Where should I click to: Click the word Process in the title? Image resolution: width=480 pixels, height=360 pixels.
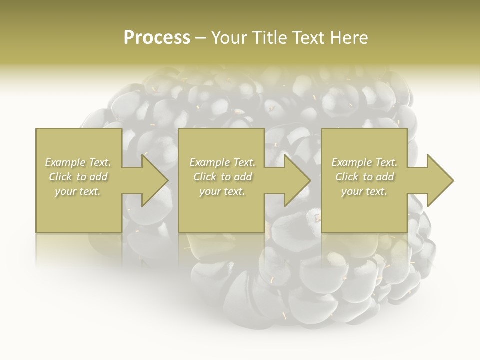coord(157,38)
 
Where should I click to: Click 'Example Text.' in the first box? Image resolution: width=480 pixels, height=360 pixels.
coord(78,162)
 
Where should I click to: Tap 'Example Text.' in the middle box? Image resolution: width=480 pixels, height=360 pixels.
coord(222,162)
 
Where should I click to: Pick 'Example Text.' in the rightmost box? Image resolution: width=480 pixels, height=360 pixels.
coord(364,162)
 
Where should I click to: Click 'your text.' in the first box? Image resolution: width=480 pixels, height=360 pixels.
coord(78,191)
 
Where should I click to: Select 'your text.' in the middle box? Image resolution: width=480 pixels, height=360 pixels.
coord(222,191)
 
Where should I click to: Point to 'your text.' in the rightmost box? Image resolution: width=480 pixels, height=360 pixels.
coord(364,191)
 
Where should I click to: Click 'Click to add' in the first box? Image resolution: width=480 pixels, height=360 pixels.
coord(78,177)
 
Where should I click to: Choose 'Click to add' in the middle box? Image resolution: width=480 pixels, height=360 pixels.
coord(222,177)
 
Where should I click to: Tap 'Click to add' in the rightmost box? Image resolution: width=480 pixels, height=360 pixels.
coord(364,177)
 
